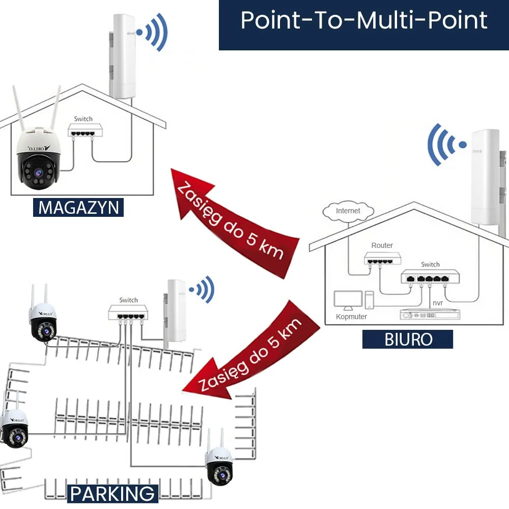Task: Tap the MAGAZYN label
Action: pos(78,208)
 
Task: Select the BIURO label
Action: pos(408,339)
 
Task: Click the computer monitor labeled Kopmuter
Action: pos(348,300)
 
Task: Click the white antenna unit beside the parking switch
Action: pos(175,312)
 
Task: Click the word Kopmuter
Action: pos(351,317)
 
